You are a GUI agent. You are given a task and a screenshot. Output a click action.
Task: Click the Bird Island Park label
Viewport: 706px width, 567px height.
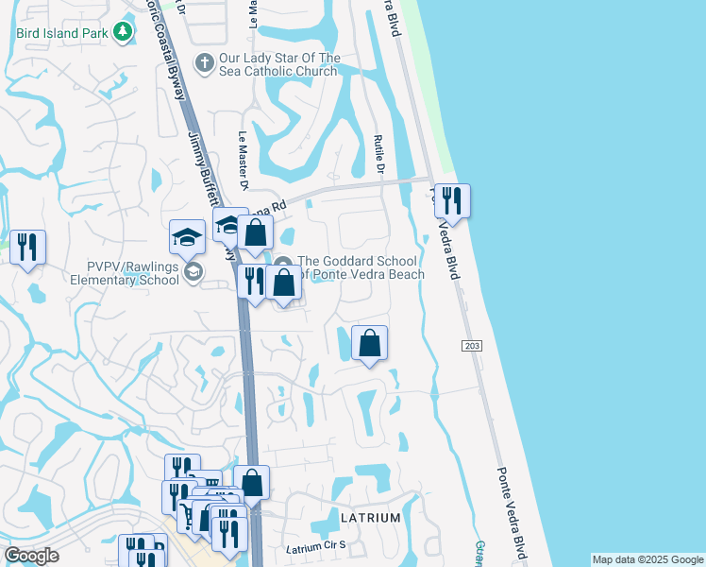click(60, 33)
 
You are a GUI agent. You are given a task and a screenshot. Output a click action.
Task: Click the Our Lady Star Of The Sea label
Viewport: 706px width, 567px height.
click(277, 64)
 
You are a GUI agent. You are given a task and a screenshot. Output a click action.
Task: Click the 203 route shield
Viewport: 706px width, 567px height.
click(473, 347)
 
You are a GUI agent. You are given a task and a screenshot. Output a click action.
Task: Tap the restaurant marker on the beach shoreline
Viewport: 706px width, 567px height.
click(452, 201)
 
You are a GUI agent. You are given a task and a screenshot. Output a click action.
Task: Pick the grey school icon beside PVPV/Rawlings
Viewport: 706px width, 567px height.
click(193, 273)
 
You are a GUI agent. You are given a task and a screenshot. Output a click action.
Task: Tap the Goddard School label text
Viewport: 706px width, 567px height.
click(361, 268)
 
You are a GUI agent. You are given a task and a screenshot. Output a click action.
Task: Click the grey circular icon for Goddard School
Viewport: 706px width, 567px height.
click(283, 262)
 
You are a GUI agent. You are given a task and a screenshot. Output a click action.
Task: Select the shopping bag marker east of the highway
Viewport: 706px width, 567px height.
click(370, 343)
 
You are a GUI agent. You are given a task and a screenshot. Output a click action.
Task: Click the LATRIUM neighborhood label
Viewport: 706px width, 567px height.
click(370, 518)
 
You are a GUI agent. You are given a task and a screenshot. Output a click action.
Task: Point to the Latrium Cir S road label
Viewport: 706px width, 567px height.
click(317, 547)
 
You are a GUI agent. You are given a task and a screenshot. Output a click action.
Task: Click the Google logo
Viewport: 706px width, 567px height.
click(31, 556)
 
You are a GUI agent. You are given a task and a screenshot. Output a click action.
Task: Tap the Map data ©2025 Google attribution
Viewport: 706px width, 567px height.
click(647, 559)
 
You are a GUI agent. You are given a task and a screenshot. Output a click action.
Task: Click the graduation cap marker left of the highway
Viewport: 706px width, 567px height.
click(187, 237)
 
